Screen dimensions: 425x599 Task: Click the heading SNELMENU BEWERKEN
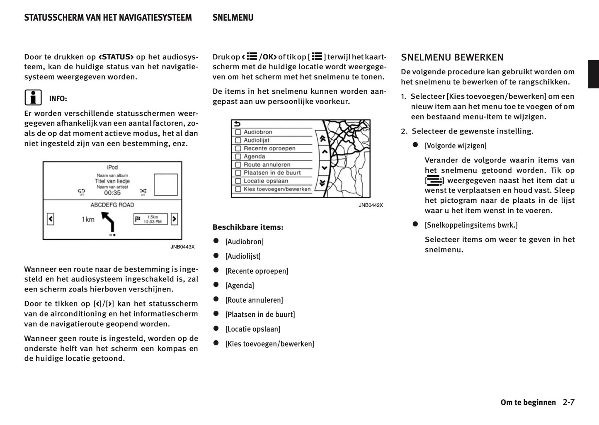click(452, 58)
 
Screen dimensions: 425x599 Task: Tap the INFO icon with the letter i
click(33, 98)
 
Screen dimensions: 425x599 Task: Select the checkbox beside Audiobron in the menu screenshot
click(238, 132)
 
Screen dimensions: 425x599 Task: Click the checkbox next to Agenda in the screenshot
click(238, 157)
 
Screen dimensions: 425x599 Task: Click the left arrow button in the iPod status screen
click(51, 219)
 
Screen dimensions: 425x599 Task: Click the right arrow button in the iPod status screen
click(174, 219)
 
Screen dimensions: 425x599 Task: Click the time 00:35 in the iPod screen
click(112, 193)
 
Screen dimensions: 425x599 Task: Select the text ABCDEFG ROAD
click(112, 205)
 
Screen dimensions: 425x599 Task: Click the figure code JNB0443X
click(182, 247)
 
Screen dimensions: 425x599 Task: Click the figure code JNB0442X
click(371, 205)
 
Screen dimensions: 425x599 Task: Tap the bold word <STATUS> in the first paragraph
click(116, 57)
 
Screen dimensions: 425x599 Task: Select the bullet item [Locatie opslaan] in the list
click(253, 329)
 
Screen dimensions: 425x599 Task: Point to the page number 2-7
click(569, 402)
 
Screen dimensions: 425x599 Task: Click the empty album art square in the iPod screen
click(166, 185)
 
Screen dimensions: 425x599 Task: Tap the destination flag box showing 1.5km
click(150, 219)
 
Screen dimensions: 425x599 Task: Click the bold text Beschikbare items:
click(248, 227)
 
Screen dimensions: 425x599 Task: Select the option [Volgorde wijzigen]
click(456, 146)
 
